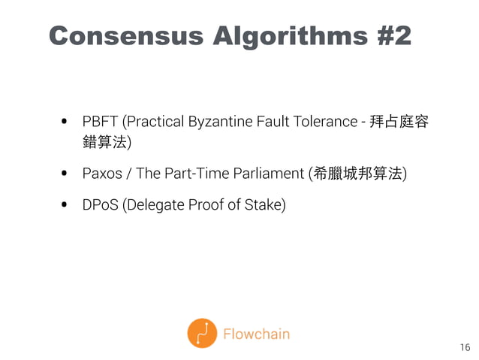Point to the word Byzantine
coord(209,123)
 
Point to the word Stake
coord(267,204)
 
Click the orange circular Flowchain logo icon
coord(202,334)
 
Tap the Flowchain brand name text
coord(256,334)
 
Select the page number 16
coord(465,347)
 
